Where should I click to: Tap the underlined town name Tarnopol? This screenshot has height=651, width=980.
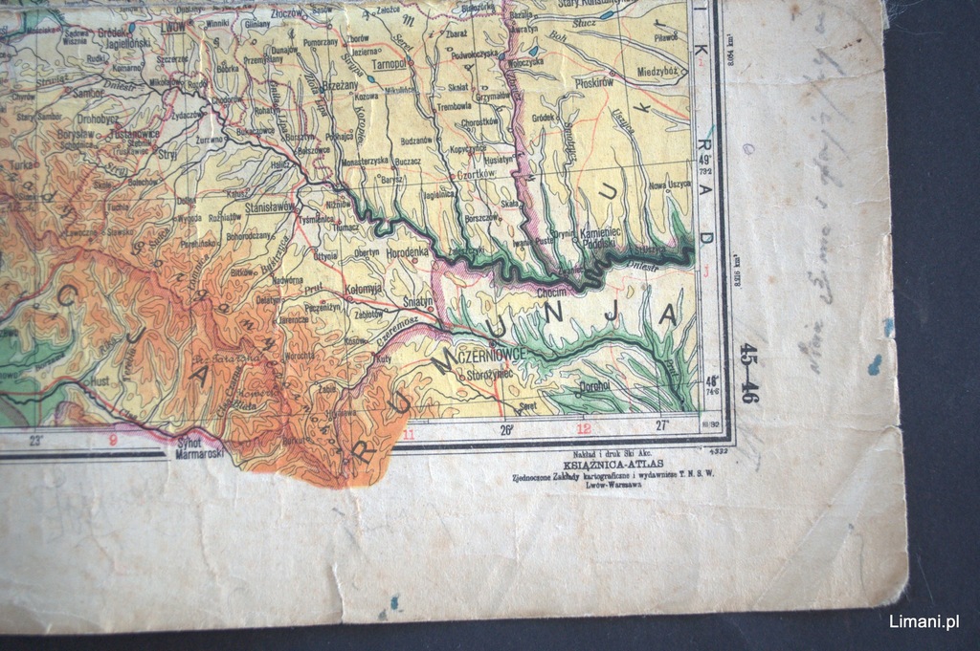[389, 64]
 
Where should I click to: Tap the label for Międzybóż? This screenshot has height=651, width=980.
[657, 70]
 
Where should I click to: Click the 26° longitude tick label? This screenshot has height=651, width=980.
[507, 430]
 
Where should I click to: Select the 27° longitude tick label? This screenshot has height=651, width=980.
[661, 426]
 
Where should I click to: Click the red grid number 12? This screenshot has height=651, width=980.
[583, 429]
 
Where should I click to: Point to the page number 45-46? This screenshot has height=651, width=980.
[748, 373]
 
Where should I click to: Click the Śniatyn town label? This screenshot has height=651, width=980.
[418, 301]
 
